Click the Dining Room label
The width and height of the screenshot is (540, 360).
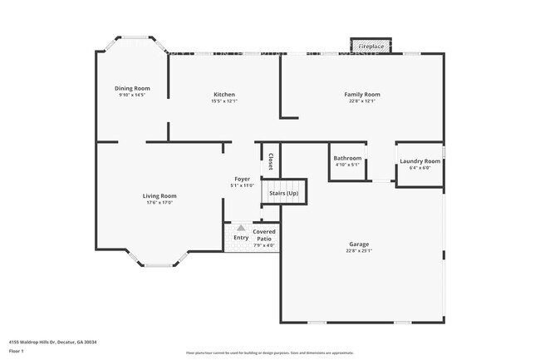tap(132, 88)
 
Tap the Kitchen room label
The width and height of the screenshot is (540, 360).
tap(224, 95)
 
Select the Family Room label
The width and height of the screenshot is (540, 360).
tap(362, 95)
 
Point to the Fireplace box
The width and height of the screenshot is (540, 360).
tap(371, 47)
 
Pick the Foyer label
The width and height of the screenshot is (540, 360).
tap(242, 179)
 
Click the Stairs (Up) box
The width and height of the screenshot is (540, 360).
tap(284, 193)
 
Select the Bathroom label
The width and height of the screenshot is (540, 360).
tap(347, 158)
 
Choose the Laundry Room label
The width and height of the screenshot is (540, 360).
tap(420, 161)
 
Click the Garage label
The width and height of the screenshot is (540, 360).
tap(360, 244)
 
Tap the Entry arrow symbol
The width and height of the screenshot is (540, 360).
tap(241, 227)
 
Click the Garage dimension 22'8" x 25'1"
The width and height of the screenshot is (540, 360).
tap(360, 251)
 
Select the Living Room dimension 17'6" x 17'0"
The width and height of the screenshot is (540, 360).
tap(160, 203)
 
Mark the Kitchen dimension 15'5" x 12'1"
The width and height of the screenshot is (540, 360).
tap(224, 101)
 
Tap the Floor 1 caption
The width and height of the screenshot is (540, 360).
tap(16, 351)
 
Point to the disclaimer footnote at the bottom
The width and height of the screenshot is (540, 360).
tap(269, 353)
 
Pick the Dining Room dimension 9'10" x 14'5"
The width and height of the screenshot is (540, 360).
tap(132, 95)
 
